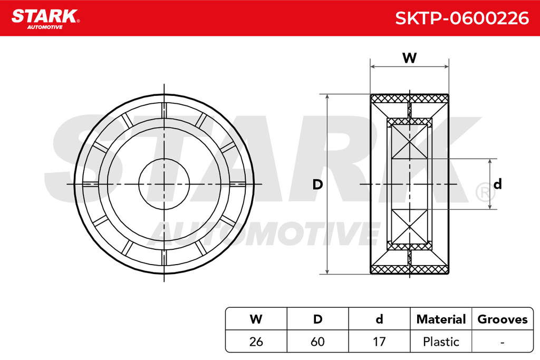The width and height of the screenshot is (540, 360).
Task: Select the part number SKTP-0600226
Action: (462, 18)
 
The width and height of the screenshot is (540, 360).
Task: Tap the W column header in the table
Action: (256, 319)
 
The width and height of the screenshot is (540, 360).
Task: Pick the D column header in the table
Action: (317, 319)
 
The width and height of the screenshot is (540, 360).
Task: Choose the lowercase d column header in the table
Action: (379, 319)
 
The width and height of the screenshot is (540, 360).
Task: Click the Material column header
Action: (441, 319)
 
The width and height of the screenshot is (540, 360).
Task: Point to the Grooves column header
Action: (503, 319)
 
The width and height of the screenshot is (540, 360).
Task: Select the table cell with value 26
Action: (256, 342)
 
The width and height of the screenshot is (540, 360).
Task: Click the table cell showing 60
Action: (317, 342)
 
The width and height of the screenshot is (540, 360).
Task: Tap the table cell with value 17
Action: (379, 342)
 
